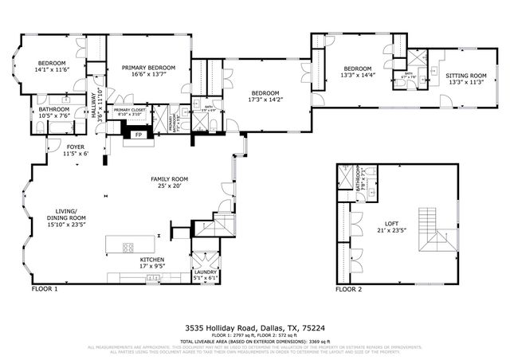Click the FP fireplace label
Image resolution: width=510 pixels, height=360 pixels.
tap(138, 135)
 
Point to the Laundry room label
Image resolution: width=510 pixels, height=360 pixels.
tap(206, 272)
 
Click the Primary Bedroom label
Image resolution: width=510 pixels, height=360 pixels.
tap(148, 68)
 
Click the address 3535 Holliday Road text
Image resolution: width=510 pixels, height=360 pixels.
tap(254, 327)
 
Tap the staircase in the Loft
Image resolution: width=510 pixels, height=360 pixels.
tap(429, 230)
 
